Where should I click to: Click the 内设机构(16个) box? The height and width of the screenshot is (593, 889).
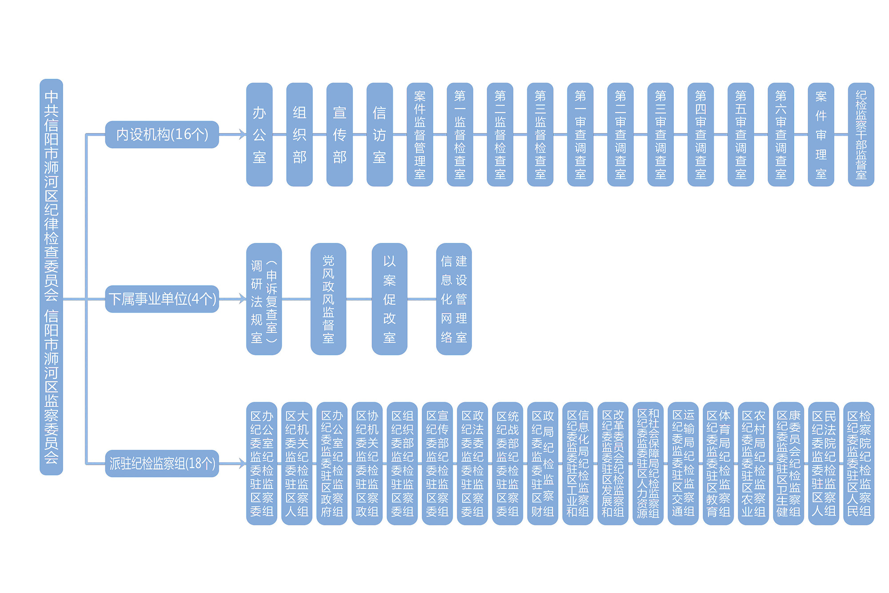point(162,134)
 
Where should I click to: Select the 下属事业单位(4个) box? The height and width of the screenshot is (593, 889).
point(162,299)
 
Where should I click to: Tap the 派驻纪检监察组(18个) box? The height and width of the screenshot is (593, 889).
point(162,464)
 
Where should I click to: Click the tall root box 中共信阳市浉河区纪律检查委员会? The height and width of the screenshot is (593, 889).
point(51,277)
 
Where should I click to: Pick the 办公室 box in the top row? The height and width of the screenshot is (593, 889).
point(259,134)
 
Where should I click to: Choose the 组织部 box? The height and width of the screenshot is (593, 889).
point(299,134)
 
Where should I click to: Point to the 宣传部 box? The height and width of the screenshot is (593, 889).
point(339,134)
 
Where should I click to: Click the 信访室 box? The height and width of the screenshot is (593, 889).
point(379,134)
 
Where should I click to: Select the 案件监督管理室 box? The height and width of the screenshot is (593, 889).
point(420,134)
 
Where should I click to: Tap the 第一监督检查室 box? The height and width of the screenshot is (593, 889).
point(460,134)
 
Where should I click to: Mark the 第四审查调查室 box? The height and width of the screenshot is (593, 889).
point(701,134)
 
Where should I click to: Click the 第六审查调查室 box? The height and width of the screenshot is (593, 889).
point(781,134)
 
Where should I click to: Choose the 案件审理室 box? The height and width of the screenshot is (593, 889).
point(821,134)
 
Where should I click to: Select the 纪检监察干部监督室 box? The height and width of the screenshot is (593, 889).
point(861,134)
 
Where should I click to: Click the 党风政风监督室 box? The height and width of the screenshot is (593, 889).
point(328,299)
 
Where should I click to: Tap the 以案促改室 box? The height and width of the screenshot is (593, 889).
point(389,299)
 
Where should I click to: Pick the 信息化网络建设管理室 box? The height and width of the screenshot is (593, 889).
point(454,299)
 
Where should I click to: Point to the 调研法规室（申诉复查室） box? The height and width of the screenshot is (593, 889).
point(264,299)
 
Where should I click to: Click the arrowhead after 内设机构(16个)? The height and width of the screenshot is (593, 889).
point(242,134)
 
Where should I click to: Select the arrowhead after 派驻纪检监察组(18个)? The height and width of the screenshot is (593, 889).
point(242,464)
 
